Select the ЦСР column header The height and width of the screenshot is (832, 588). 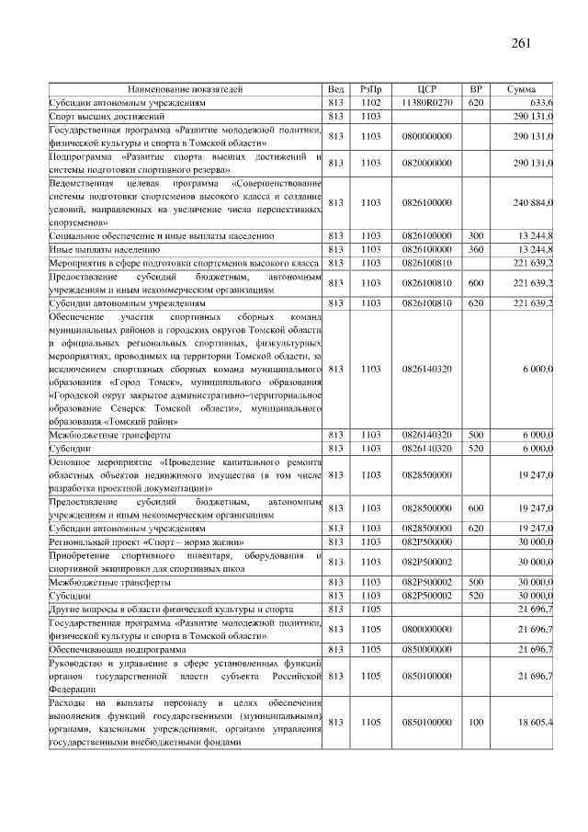[426, 89]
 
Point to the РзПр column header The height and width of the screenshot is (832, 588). [370, 89]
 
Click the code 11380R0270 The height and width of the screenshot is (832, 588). [426, 103]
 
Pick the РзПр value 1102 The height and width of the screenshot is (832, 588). [370, 103]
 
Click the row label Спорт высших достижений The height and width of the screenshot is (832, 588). [107, 117]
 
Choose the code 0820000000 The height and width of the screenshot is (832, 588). [426, 163]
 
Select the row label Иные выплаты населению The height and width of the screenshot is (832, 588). [105, 249]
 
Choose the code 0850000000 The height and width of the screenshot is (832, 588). [426, 649]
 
